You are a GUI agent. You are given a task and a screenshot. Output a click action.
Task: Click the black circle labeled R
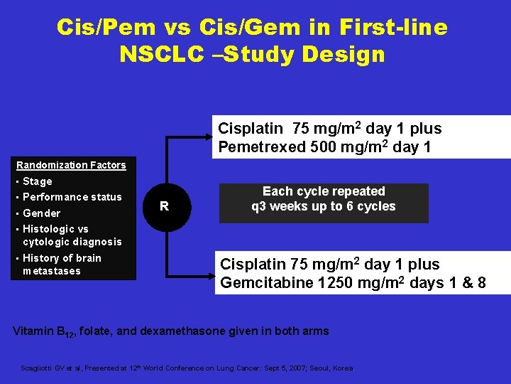(164, 206)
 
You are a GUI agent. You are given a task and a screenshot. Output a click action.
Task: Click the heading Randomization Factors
(71, 165)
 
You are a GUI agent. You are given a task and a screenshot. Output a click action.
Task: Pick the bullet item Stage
(37, 181)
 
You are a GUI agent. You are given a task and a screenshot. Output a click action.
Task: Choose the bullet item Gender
(41, 213)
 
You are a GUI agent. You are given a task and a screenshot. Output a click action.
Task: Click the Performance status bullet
(72, 197)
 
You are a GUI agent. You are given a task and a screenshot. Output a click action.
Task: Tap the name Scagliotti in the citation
(37, 368)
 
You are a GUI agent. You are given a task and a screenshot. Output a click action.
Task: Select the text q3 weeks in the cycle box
(278, 207)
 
